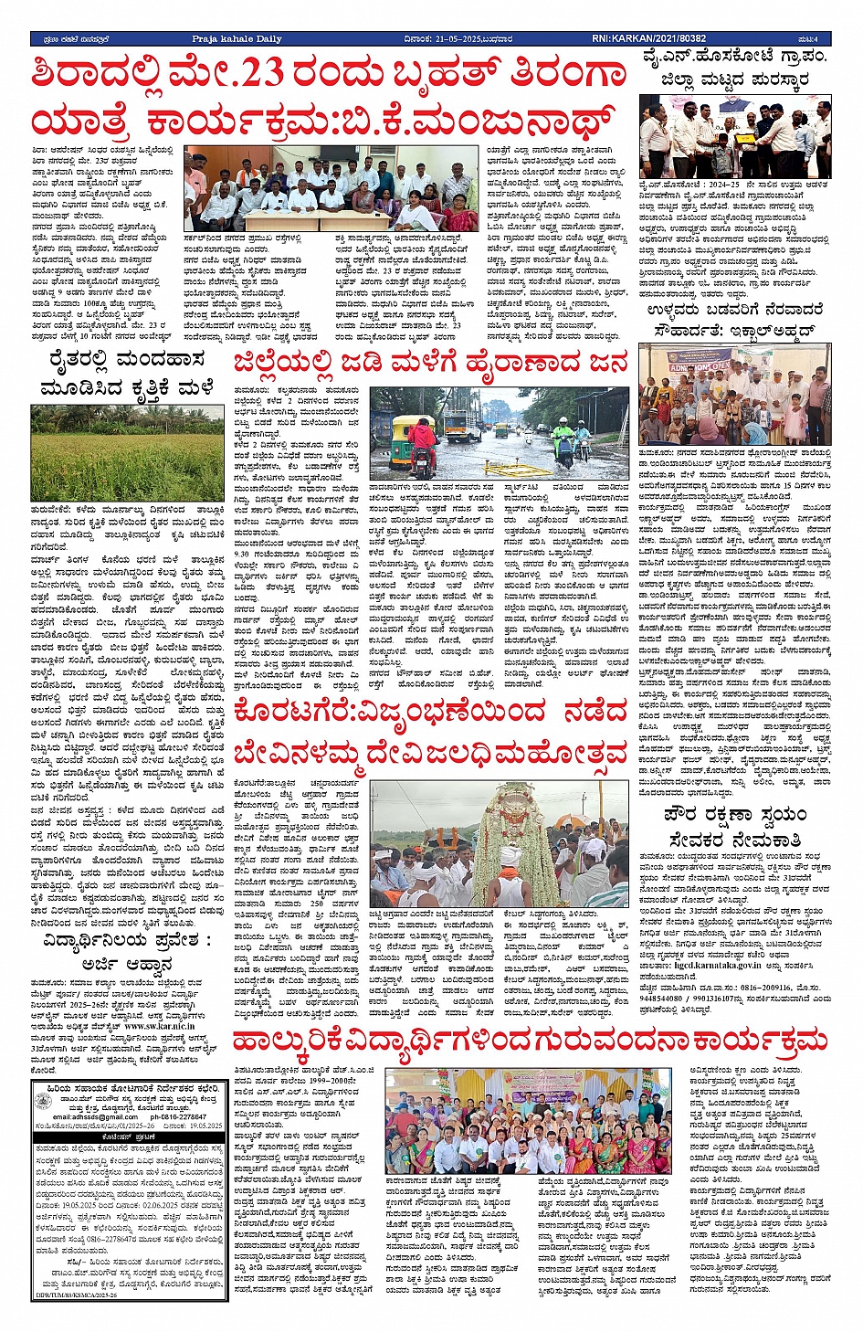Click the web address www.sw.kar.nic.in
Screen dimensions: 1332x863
pyautogui.click(x=157, y=1026)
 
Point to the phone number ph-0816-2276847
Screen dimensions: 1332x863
pyautogui.click(x=178, y=1116)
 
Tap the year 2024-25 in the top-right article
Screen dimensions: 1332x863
pyautogui.click(x=725, y=183)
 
